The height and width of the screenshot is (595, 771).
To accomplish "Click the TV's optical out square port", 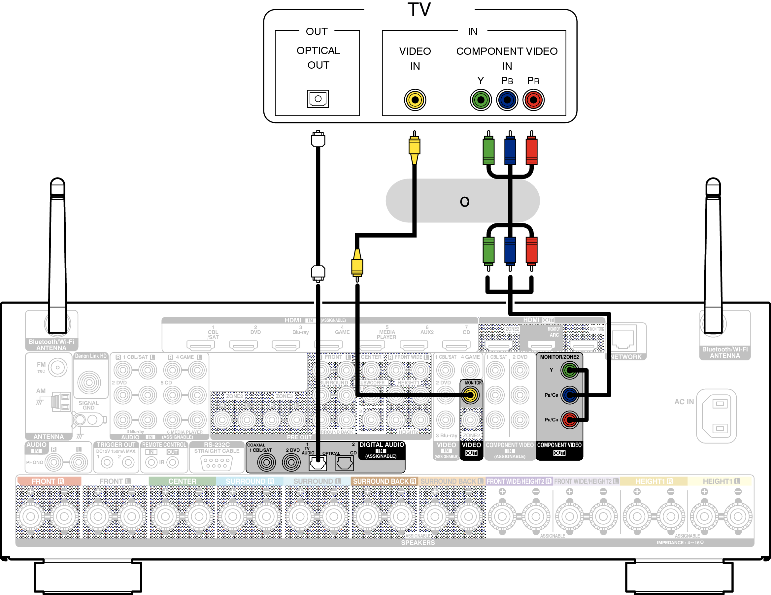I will coord(318,99).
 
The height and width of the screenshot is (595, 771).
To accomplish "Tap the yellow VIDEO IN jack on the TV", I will coord(415,100).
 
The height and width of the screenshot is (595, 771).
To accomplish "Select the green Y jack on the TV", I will coord(481,100).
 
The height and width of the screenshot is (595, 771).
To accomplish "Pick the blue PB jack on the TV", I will coord(507,100).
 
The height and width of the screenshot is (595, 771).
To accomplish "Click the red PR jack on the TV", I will coord(533,100).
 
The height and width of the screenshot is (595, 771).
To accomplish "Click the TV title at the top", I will coord(419,10).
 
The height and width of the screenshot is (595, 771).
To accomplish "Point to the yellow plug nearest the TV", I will coord(415,147).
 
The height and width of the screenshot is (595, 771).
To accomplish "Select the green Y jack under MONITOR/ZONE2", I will coord(569,370).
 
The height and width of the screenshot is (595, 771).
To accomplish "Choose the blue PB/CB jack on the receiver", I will coord(569,395).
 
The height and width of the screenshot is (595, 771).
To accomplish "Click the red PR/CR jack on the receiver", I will coord(569,420).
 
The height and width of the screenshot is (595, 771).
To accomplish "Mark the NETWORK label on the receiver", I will coord(626,357).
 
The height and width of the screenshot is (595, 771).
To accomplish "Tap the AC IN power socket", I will coord(716,416).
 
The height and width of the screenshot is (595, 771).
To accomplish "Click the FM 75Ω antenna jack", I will coord(57,367).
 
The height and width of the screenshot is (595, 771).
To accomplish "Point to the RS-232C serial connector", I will coord(217,463).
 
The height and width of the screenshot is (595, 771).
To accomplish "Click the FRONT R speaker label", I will coord(48,481).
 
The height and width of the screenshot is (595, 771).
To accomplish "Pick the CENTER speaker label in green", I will coord(182,481).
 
